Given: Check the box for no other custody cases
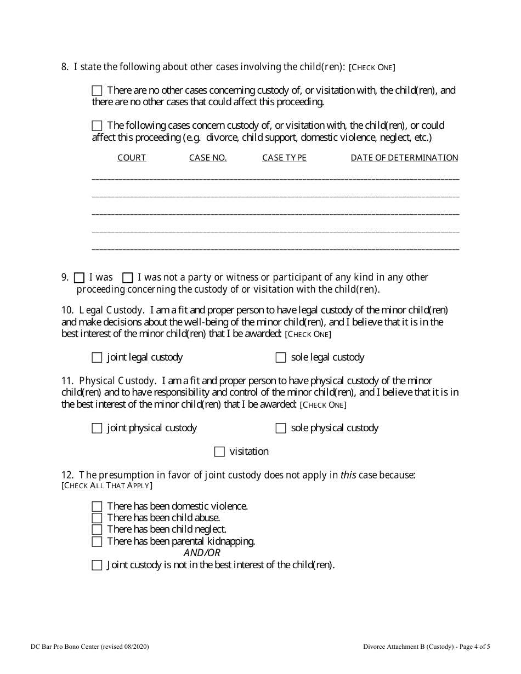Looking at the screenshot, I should pos(97,90).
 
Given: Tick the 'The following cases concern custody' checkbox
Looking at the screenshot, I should pos(97,126).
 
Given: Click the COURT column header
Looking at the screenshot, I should pos(132,158).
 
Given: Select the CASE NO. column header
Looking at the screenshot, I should pos(208,158).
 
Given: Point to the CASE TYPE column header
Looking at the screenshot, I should pos(284,158).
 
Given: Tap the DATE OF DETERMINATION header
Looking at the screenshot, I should pos(404,158).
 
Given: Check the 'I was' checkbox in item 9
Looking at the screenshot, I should pos(79,278).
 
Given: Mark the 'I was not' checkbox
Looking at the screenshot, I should pos(128,278).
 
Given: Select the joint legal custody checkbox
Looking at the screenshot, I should pos(97,358).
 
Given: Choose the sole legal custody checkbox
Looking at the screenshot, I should pos(281,358).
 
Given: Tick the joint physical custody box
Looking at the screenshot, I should pos(97,429).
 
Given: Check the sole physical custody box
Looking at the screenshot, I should pos(281,429).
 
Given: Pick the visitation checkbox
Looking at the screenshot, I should pos(219,452).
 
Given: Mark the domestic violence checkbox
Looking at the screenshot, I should pos(97,507).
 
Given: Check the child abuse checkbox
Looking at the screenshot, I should pos(97,518).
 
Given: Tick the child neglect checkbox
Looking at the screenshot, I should pos(97,530).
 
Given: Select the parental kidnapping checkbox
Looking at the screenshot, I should pos(97,542).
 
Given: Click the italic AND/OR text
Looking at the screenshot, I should pos(202,553).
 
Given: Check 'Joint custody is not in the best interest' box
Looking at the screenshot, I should pos(97,566).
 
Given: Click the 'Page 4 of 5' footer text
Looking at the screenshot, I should pos(471,647).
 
